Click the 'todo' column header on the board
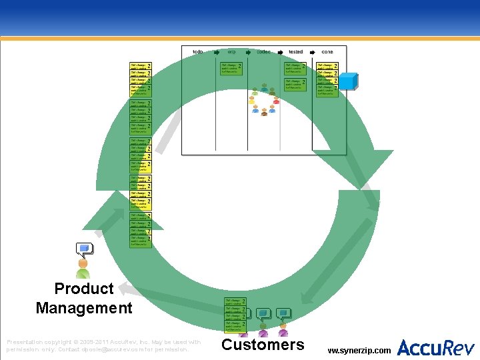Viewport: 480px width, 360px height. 198,51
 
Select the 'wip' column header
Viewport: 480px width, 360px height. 231,51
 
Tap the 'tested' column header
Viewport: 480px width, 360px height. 296,51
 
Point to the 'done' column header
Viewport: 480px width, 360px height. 327,51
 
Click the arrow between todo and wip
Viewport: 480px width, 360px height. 215,51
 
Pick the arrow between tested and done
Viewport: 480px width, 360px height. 311,51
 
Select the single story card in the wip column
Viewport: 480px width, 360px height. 231,68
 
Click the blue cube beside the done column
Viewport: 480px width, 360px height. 350,81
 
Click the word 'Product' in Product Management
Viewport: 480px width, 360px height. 84,289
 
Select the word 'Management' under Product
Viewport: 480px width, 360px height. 84,308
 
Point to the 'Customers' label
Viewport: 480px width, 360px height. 263,345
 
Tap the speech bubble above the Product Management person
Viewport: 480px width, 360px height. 85,249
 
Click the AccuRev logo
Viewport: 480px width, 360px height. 436,347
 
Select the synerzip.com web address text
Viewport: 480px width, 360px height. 360,349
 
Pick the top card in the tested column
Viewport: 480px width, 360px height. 295,68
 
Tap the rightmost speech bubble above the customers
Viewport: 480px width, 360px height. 284,312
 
